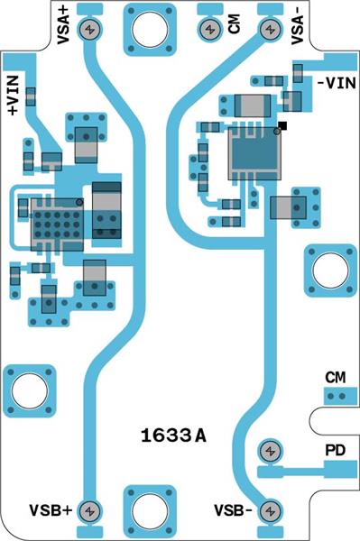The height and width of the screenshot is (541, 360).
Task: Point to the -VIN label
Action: pyautogui.click(x=337, y=83)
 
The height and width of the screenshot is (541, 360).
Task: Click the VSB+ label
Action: pyautogui.click(x=51, y=509)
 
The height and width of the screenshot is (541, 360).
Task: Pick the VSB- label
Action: pyautogui.click(x=234, y=509)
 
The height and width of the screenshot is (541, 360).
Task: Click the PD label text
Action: pyautogui.click(x=335, y=450)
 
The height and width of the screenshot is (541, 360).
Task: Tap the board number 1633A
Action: pyautogui.click(x=173, y=436)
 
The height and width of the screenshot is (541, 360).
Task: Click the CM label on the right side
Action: pyautogui.click(x=336, y=376)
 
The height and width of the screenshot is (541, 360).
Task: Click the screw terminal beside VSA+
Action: pyautogui.click(x=89, y=30)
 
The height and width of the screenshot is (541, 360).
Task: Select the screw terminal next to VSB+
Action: pyautogui.click(x=89, y=510)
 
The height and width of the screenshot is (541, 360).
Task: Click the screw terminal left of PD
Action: pyautogui.click(x=269, y=450)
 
